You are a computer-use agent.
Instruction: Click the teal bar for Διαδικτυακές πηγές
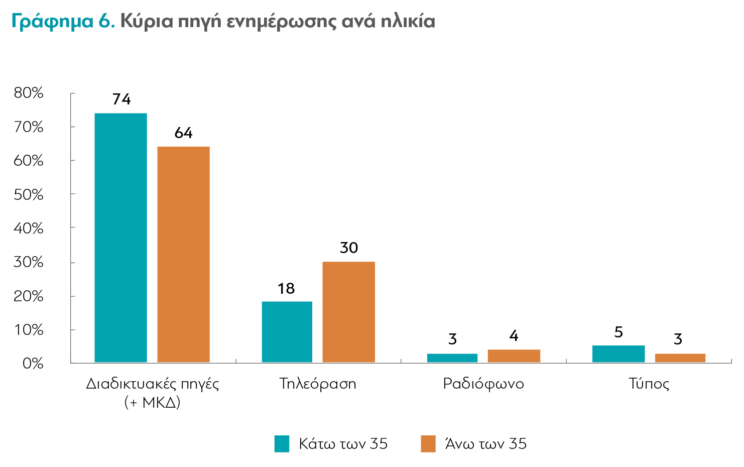(x=120, y=238)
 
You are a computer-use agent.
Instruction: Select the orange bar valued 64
(x=183, y=254)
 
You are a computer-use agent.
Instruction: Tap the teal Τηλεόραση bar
(x=287, y=331)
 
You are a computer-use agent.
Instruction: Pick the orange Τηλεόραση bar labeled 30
(x=348, y=312)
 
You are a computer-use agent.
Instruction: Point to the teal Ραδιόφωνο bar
(x=452, y=358)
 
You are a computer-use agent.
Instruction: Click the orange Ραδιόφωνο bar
(x=514, y=356)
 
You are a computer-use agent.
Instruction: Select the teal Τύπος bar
(x=618, y=354)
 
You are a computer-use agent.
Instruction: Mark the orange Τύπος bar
(x=680, y=358)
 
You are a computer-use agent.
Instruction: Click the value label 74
(x=121, y=99)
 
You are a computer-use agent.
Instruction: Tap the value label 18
(x=286, y=289)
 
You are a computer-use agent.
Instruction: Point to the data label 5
(x=618, y=332)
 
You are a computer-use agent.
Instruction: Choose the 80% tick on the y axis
(x=29, y=93)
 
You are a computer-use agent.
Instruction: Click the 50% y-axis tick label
(x=29, y=194)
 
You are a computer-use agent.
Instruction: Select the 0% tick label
(x=33, y=363)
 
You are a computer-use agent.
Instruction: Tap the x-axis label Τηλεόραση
(x=318, y=384)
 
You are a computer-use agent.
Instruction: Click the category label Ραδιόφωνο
(x=483, y=384)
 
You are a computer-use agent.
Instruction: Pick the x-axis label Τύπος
(x=649, y=384)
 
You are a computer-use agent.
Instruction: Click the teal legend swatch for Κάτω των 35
(x=282, y=444)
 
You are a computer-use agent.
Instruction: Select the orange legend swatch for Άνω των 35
(x=428, y=444)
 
